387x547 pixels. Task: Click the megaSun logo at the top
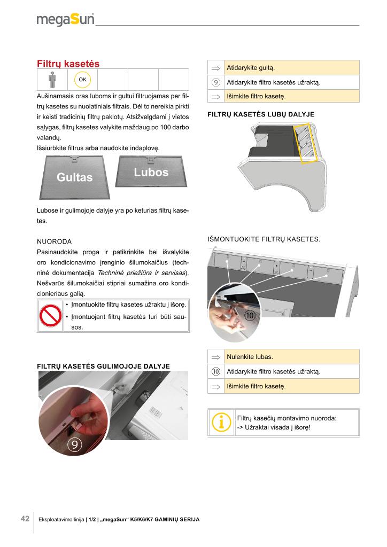(65, 19)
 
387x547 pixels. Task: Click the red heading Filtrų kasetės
(68, 64)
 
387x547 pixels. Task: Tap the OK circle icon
(82, 80)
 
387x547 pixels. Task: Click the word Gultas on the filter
(75, 177)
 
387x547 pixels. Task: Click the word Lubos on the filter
(151, 172)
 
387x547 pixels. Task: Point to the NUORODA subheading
(54, 241)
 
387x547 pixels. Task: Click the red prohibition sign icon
(51, 317)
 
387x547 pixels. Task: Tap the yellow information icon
(221, 423)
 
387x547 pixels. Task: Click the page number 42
(25, 519)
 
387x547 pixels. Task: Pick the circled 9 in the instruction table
(216, 83)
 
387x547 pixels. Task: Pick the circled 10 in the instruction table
(216, 371)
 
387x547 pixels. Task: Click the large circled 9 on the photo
(75, 444)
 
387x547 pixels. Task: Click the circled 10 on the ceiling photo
(250, 316)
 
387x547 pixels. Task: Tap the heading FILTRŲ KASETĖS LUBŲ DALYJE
(260, 114)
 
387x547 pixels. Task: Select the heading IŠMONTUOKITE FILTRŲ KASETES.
(264, 239)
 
